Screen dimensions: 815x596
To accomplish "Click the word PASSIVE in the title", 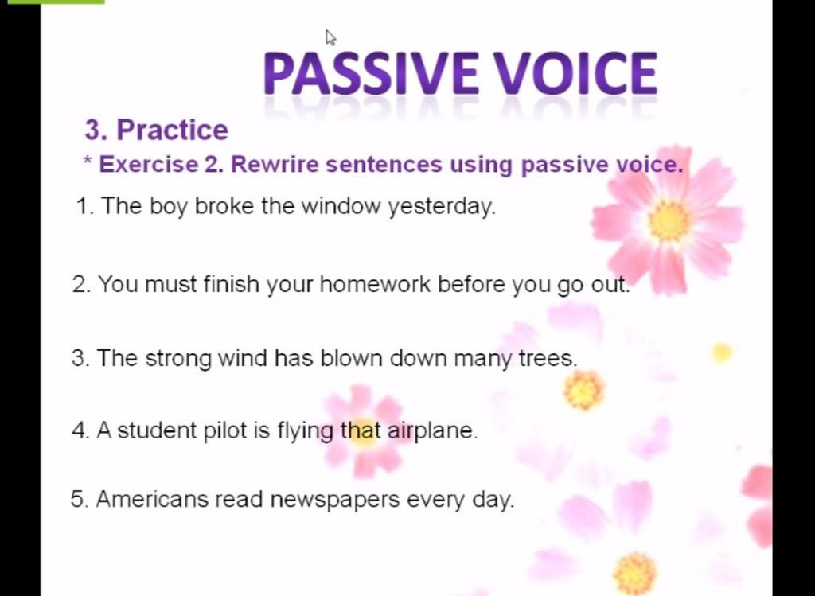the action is (x=371, y=73).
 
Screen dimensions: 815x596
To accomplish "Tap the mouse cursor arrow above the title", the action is (x=330, y=38).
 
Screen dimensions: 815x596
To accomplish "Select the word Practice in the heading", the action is (x=172, y=130).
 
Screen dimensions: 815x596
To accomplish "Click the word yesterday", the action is (x=443, y=208).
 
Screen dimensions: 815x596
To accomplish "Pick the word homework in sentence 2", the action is (x=375, y=284).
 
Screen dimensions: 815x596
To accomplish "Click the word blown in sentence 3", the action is (x=351, y=358).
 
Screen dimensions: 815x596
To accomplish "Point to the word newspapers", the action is (x=335, y=501).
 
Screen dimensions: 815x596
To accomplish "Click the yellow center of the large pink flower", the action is (x=669, y=220).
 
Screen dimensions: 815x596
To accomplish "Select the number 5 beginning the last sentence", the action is (x=77, y=500).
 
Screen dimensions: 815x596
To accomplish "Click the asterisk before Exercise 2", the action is (x=87, y=160).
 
